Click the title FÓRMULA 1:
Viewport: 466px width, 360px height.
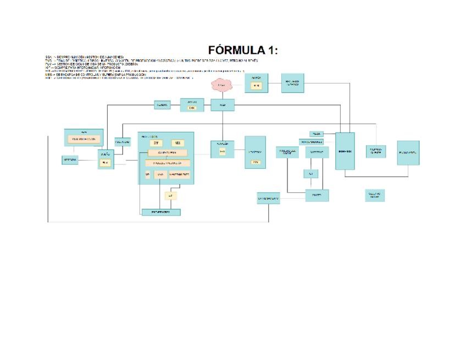pos(243,50)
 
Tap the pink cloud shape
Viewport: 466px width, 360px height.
pos(221,85)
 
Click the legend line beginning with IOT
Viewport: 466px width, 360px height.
pos(82,68)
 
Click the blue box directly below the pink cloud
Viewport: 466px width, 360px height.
pos(223,104)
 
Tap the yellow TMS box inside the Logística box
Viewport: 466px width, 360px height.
pos(255,162)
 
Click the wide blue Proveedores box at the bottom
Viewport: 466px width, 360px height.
pos(161,212)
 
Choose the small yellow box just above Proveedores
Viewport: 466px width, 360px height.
pos(170,195)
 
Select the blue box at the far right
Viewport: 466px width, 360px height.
pos(408,153)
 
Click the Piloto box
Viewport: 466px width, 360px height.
pos(317,195)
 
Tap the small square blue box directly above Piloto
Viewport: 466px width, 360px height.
pos(310,174)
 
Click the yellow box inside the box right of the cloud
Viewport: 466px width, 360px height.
pos(257,86)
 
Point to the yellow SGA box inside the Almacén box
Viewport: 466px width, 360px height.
pos(222,152)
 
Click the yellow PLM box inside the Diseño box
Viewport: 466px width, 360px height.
pos(106,163)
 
